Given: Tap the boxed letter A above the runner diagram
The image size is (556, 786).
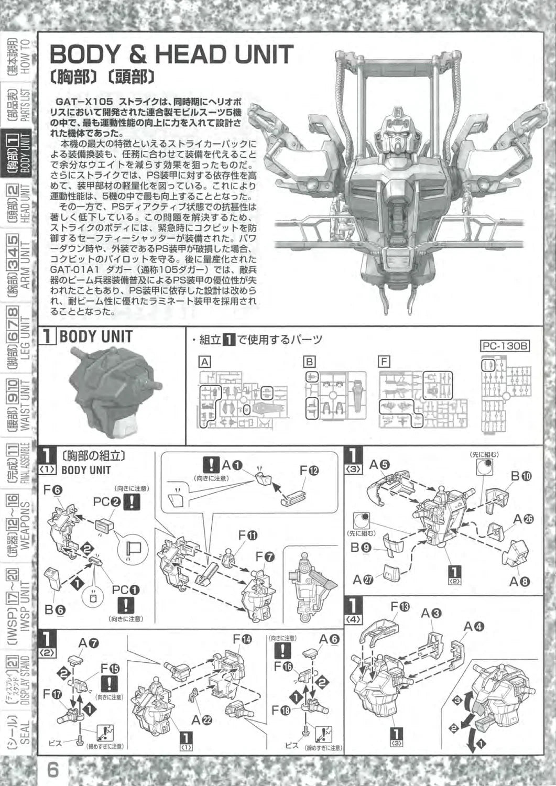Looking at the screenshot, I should click(x=205, y=362).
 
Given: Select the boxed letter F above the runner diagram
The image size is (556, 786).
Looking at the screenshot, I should click(x=384, y=362).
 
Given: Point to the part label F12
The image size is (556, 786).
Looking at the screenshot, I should click(x=309, y=471).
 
